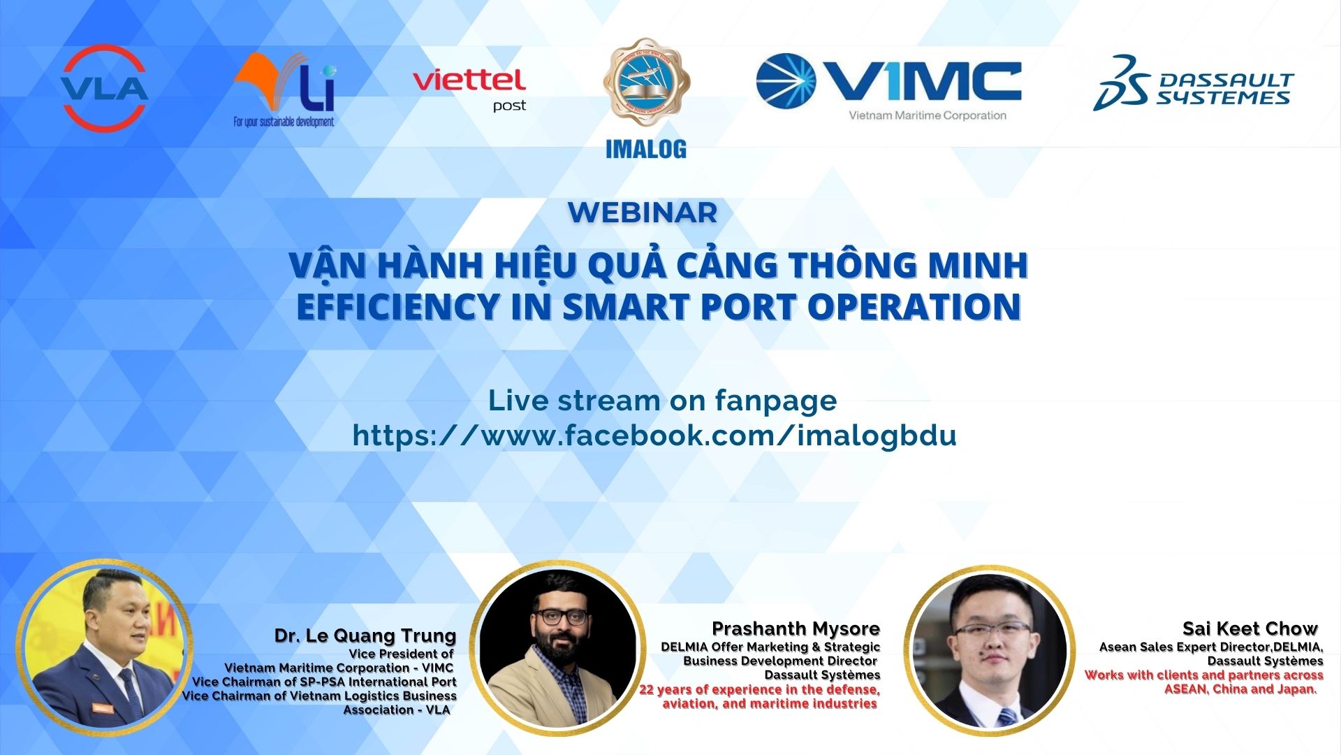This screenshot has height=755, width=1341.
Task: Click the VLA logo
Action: point(105,88)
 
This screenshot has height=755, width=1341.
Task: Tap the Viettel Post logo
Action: point(469,88)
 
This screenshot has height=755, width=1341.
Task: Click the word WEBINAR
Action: point(643,213)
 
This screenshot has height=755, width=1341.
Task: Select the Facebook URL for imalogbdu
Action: point(654,435)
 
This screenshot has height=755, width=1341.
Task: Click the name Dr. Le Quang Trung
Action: point(365,635)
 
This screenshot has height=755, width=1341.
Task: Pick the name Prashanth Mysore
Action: point(796,628)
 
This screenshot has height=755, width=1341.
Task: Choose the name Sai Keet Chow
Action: point(1250,628)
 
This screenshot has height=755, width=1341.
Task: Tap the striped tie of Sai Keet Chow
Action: point(1008,717)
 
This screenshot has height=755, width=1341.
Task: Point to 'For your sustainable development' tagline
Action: point(284,122)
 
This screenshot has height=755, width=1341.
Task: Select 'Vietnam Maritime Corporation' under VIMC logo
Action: point(927,115)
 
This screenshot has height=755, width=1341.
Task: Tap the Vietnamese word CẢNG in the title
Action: point(727,265)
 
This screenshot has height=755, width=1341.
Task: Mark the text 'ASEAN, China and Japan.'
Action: point(1240,689)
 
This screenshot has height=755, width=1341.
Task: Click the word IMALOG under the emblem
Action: point(646,149)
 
